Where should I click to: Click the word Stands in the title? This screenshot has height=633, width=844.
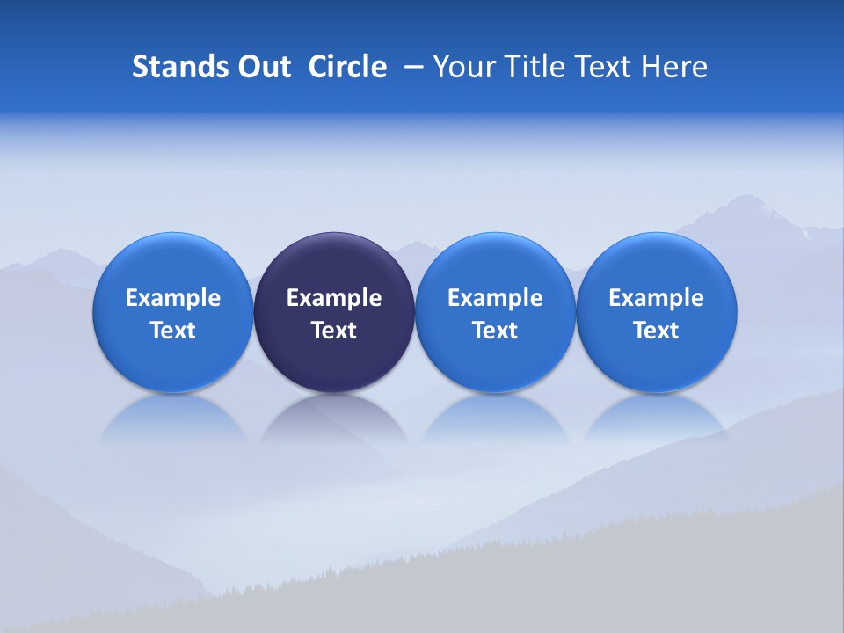pos(178,67)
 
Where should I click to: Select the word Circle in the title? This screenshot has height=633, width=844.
pos(347,67)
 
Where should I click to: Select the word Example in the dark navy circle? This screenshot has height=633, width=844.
pos(334,298)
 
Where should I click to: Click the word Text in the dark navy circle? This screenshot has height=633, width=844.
pos(334,331)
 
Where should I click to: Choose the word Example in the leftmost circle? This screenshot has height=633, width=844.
pos(173,298)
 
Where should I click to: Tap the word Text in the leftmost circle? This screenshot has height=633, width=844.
pos(173,331)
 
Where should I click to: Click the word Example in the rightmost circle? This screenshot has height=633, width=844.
pos(656,298)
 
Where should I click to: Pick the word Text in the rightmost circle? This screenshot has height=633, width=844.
pos(656,331)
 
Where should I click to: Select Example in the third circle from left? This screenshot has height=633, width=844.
pos(495,298)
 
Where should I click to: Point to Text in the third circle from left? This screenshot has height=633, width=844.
pos(495,331)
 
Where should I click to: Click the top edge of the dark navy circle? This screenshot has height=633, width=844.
pos(334,234)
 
